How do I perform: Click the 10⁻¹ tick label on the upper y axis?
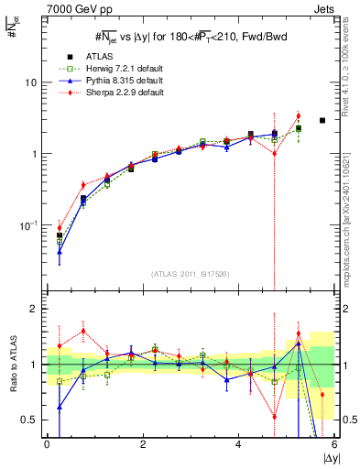28,225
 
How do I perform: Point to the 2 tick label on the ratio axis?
33,309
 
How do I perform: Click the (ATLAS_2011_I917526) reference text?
190,274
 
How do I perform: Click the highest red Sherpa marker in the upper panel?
299,116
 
